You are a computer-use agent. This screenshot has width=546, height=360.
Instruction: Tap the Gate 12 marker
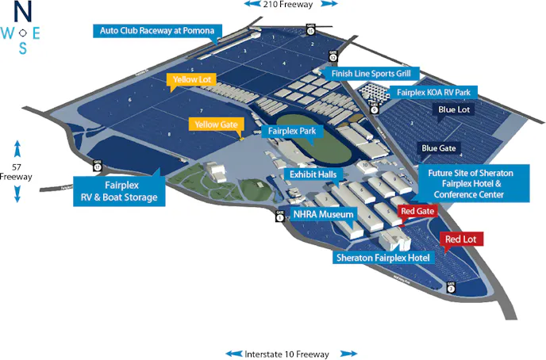[x=334, y=56]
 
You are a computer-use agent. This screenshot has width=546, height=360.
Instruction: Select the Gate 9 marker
[x=374, y=109]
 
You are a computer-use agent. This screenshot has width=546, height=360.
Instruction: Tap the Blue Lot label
[x=454, y=109]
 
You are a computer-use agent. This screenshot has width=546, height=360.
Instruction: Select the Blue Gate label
[x=439, y=148]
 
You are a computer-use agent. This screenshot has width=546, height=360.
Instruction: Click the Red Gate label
[x=416, y=211]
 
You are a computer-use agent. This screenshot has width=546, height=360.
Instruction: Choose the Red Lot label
[x=463, y=239]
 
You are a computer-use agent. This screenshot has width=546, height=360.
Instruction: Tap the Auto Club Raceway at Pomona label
[x=157, y=31]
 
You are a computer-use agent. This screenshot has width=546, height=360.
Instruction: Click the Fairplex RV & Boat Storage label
[x=120, y=192]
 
